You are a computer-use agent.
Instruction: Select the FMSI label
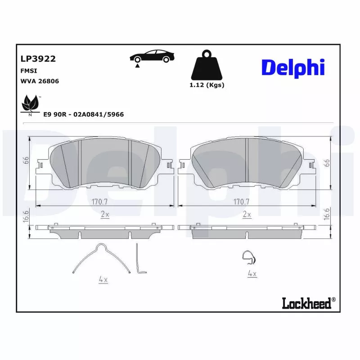pos(29,71)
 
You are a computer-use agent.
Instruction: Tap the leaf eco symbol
pos(31,104)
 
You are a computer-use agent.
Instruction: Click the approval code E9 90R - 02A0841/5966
pos(83,115)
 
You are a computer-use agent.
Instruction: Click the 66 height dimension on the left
pos(27,160)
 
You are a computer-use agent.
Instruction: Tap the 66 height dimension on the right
pos(327,163)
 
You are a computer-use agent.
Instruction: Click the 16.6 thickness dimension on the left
pos(27,216)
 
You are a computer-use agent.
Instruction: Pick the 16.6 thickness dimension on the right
pos(327,214)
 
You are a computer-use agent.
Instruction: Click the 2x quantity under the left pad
pos(104,215)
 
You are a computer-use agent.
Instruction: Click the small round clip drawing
pos(247,257)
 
